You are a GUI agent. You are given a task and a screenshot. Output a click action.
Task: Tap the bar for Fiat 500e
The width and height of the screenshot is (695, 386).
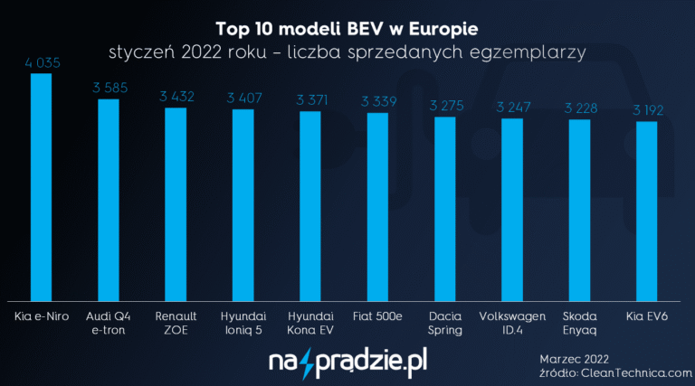click(x=377, y=207)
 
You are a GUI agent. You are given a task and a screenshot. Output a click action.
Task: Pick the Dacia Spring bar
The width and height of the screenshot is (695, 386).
click(x=444, y=209)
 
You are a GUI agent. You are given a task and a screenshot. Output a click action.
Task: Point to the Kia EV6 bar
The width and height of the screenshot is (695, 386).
click(x=646, y=212)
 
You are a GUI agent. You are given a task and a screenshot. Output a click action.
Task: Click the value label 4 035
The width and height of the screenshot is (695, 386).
click(x=42, y=63)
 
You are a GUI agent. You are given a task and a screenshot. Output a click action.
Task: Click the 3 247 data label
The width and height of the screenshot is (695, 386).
click(x=511, y=108)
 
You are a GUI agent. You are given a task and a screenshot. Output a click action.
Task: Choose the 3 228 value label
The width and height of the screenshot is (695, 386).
click(x=579, y=108)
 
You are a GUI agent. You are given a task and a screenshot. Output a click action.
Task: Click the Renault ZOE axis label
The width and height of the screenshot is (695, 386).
click(x=176, y=323)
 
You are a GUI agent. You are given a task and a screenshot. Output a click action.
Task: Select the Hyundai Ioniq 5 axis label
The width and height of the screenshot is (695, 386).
click(x=243, y=323)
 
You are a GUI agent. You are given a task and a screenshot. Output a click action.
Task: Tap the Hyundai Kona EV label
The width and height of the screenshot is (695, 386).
click(x=310, y=323)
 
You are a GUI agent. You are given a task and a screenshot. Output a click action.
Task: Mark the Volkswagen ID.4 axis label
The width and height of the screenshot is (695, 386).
click(x=511, y=323)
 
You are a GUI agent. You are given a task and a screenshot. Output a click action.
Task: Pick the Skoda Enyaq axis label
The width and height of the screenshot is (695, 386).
click(x=579, y=323)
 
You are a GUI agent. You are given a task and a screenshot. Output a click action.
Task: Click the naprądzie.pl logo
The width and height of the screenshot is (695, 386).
click(x=347, y=363)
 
